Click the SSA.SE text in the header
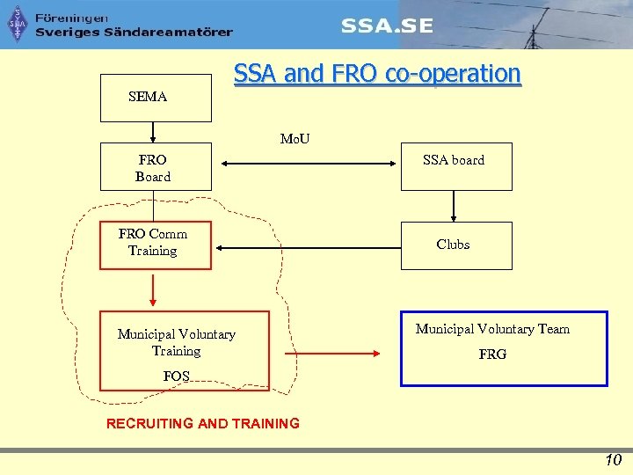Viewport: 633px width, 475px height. pos(387,26)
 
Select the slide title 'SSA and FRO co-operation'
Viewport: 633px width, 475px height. pos(377,74)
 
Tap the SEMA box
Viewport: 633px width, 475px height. pos(156,98)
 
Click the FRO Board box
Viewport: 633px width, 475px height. pos(156,166)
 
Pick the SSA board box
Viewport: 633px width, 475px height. pos(455,166)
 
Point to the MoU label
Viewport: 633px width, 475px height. pos(295,138)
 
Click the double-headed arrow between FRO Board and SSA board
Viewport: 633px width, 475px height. pos(307,163)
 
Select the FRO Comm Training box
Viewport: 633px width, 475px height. pos(156,245)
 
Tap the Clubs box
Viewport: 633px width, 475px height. pos(455,245)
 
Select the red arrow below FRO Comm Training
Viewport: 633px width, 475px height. pos(153,289)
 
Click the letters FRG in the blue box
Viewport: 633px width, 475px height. pos(492,355)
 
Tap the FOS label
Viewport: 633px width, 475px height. pos(176,376)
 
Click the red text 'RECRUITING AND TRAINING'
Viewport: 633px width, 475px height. pos(202,423)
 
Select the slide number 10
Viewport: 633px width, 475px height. pos(613,460)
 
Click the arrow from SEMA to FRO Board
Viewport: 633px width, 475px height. pos(153,132)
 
